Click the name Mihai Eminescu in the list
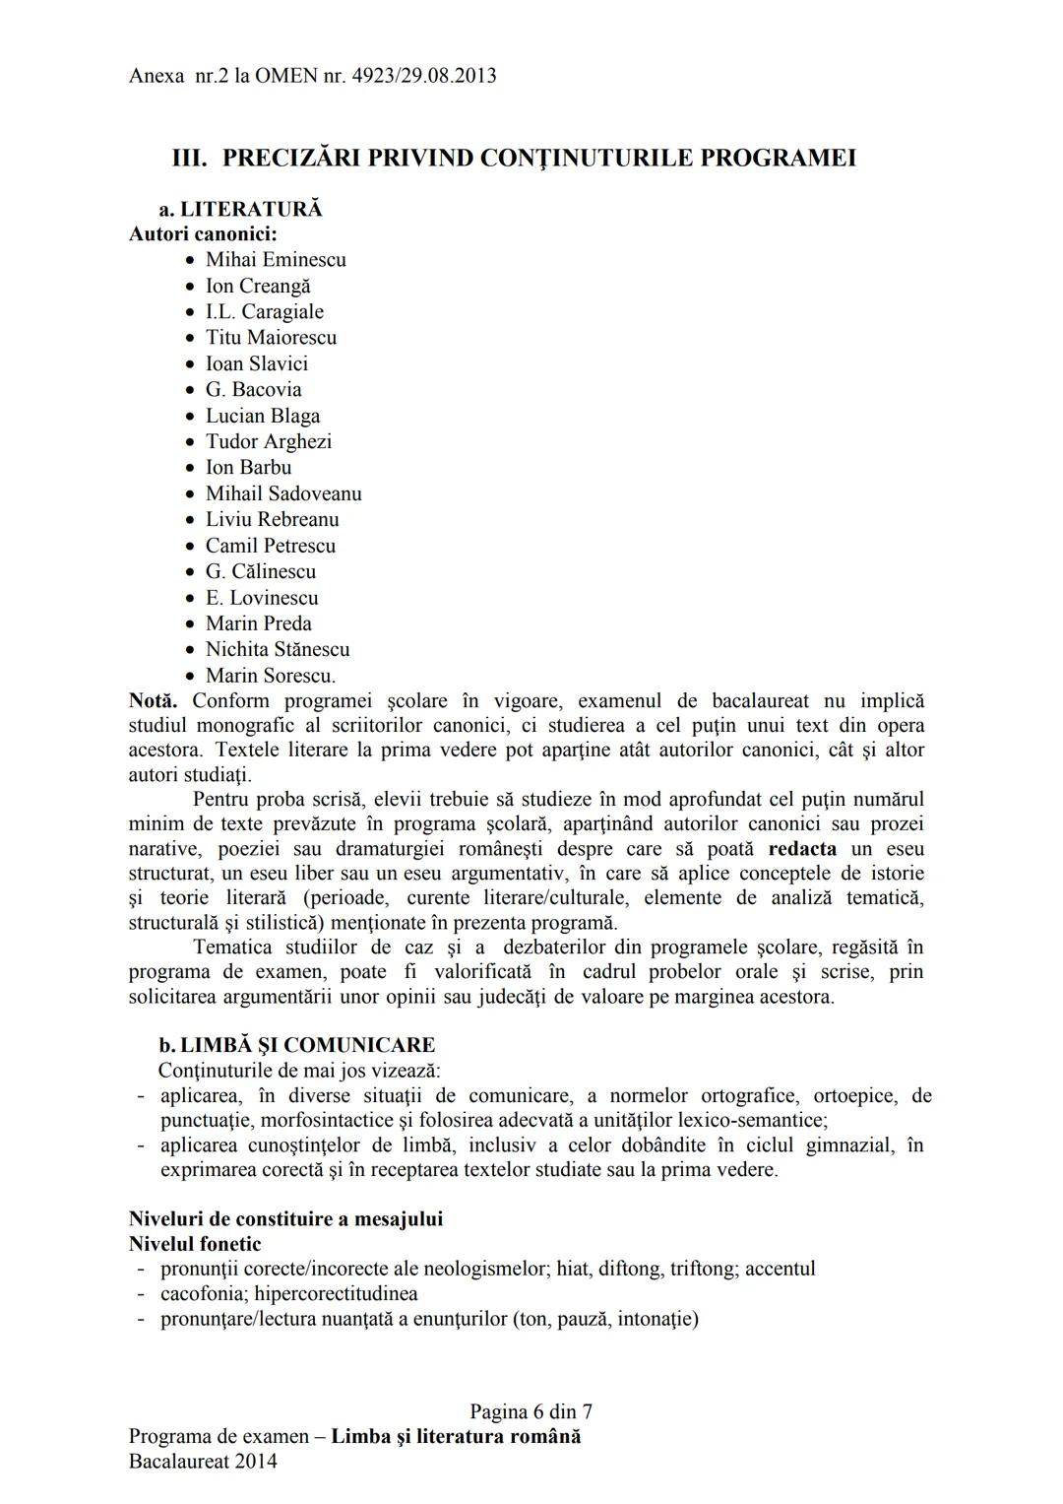276,260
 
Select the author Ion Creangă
258,287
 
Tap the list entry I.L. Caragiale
264,312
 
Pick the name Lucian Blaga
263,416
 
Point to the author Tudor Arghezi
269,442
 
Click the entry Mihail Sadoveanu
283,494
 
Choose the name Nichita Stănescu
278,650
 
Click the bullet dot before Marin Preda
191,624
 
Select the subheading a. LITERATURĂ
240,210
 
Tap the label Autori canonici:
203,234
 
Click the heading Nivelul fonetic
195,1244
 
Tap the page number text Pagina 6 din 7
531,1412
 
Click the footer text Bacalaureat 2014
203,1462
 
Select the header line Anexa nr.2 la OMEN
312,76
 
